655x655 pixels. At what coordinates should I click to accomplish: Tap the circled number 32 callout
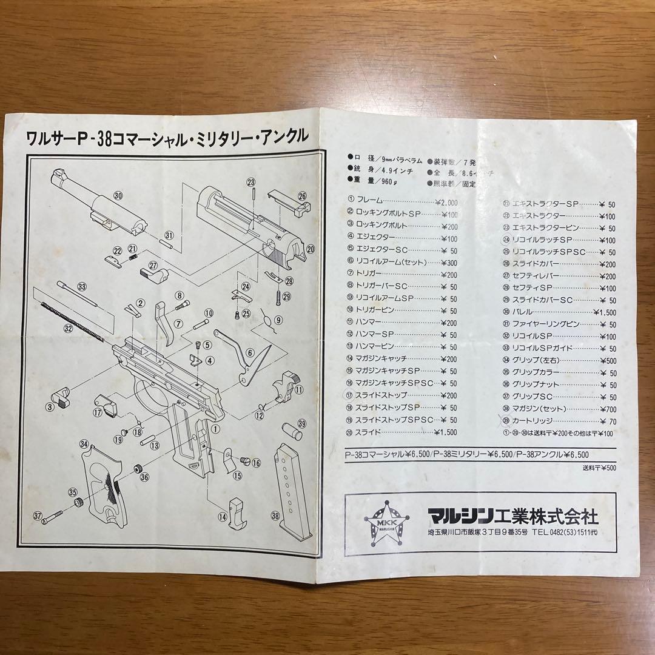[68, 328]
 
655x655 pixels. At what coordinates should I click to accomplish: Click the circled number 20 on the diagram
[311, 249]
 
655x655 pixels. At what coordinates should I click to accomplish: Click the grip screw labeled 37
[58, 516]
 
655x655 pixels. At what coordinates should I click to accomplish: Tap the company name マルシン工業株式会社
[512, 517]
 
